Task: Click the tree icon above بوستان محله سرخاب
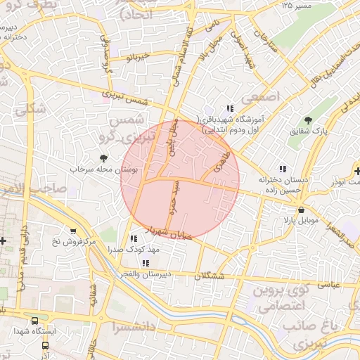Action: [104, 158]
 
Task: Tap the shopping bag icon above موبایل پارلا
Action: [301, 210]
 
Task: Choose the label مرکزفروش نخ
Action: [72, 242]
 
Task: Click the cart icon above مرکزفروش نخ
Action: [72, 231]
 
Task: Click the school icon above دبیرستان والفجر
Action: [146, 263]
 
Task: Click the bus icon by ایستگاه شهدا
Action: [46, 345]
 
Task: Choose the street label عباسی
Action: [330, 284]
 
